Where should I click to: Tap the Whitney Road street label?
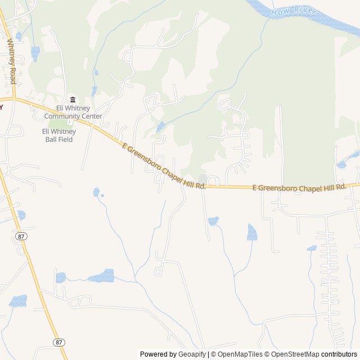[11, 61]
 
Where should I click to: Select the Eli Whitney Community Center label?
[73, 112]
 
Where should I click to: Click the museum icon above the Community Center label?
[73, 100]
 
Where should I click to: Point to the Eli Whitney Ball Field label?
[58, 135]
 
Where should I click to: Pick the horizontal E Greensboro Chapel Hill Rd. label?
[298, 187]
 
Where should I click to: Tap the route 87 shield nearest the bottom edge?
[59, 342]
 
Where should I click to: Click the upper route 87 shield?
[21, 237]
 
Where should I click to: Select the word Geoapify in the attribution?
[192, 354]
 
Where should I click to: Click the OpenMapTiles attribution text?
[236, 354]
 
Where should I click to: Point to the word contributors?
[339, 354]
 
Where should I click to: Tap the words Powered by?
[158, 354]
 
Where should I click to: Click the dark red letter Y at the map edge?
[2, 106]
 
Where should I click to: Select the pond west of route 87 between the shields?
[18, 301]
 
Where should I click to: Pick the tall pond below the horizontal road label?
[252, 232]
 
